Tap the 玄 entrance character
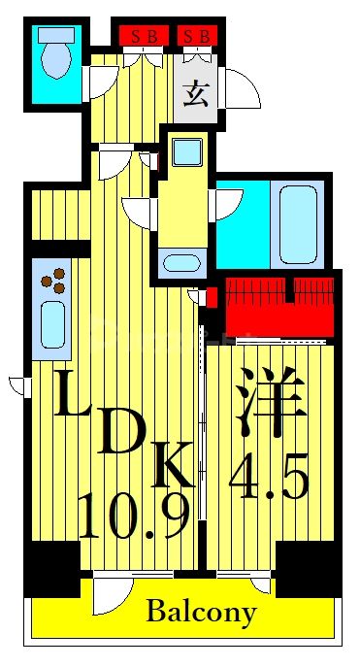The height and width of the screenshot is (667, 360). click(x=197, y=95)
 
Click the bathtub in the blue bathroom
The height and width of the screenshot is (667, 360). click(x=298, y=222)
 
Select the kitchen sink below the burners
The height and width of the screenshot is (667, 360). click(x=51, y=323)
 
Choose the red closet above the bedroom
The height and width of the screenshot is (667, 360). click(x=278, y=305)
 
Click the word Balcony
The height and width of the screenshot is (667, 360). click(x=201, y=613)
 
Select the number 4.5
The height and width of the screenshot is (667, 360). click(x=269, y=480)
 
